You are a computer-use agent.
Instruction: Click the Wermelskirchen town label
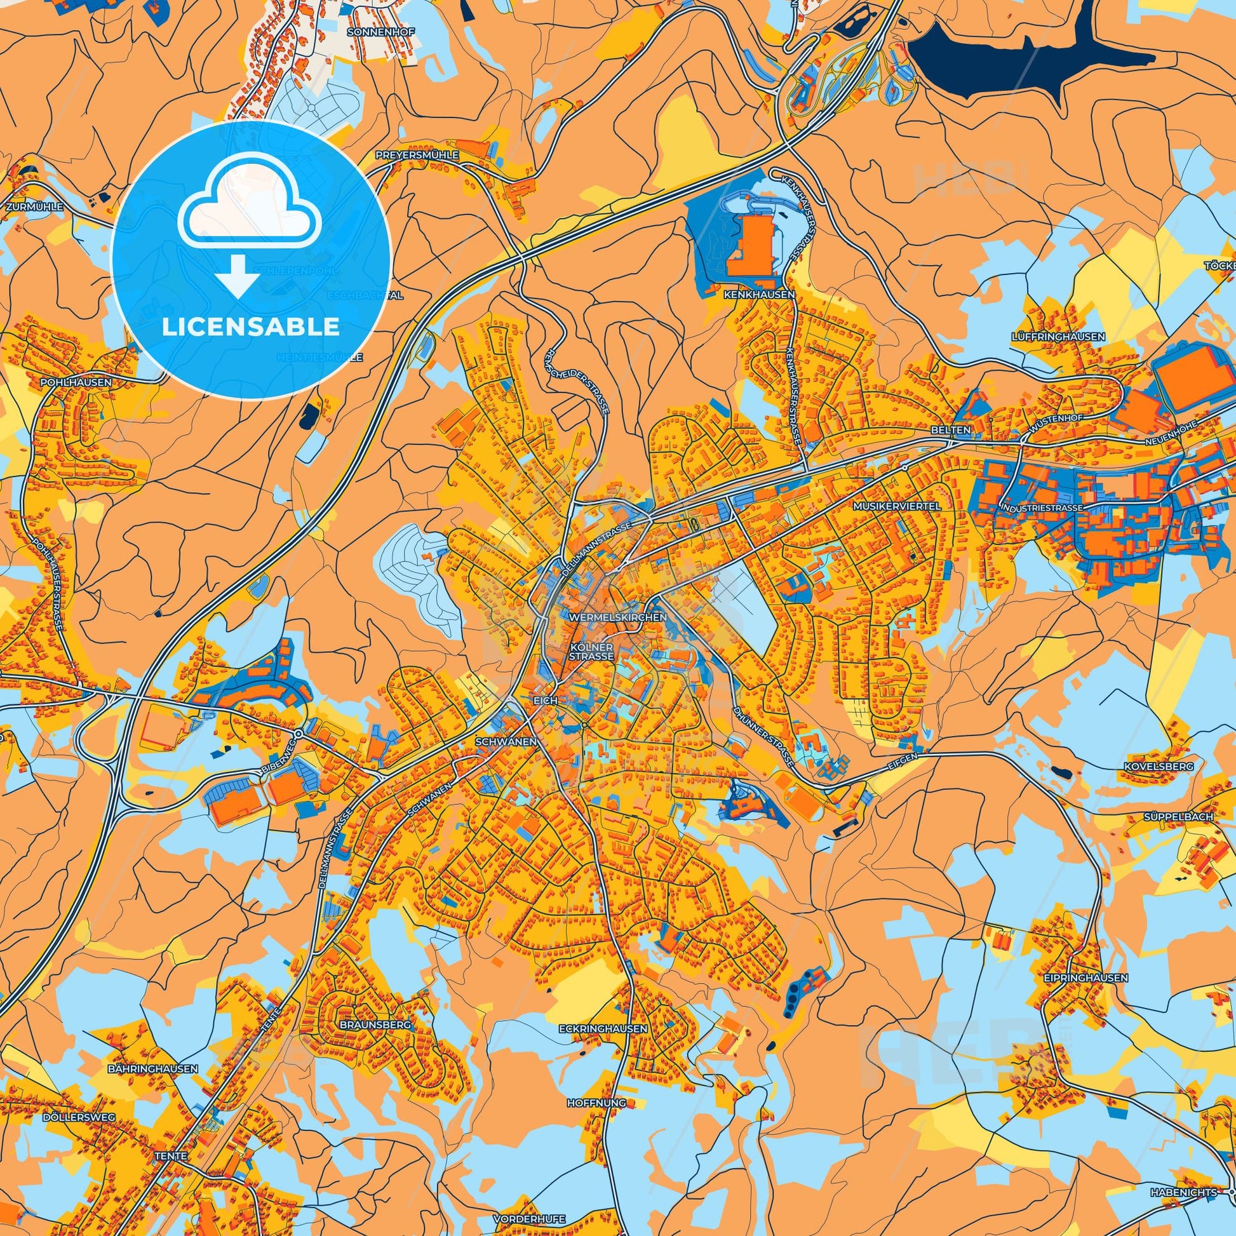click(617, 617)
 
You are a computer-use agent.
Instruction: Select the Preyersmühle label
click(417, 155)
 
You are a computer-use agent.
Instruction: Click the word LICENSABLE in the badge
click(250, 326)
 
